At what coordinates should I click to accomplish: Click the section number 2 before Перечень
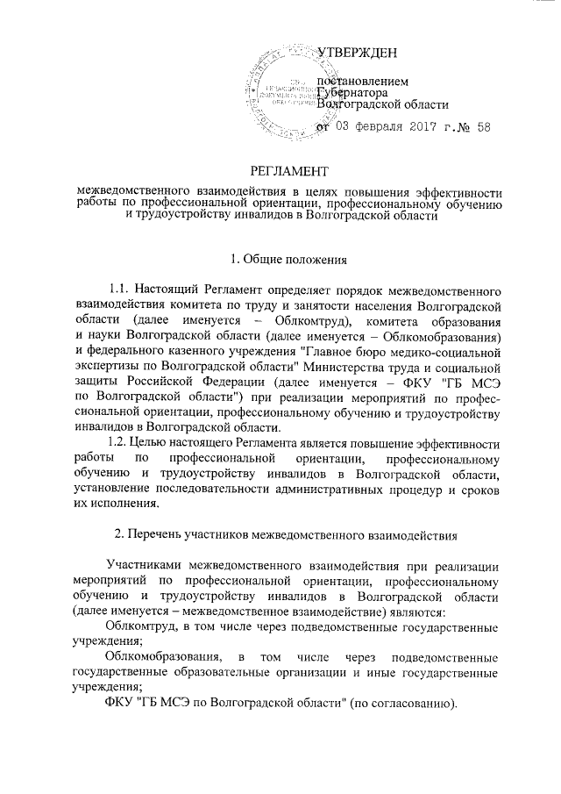120,534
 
